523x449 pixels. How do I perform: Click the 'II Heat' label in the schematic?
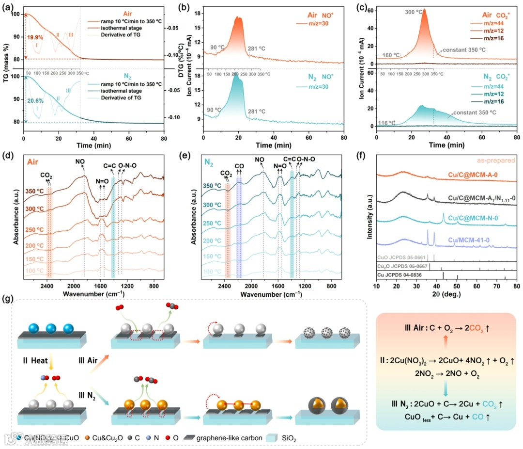[34, 360]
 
